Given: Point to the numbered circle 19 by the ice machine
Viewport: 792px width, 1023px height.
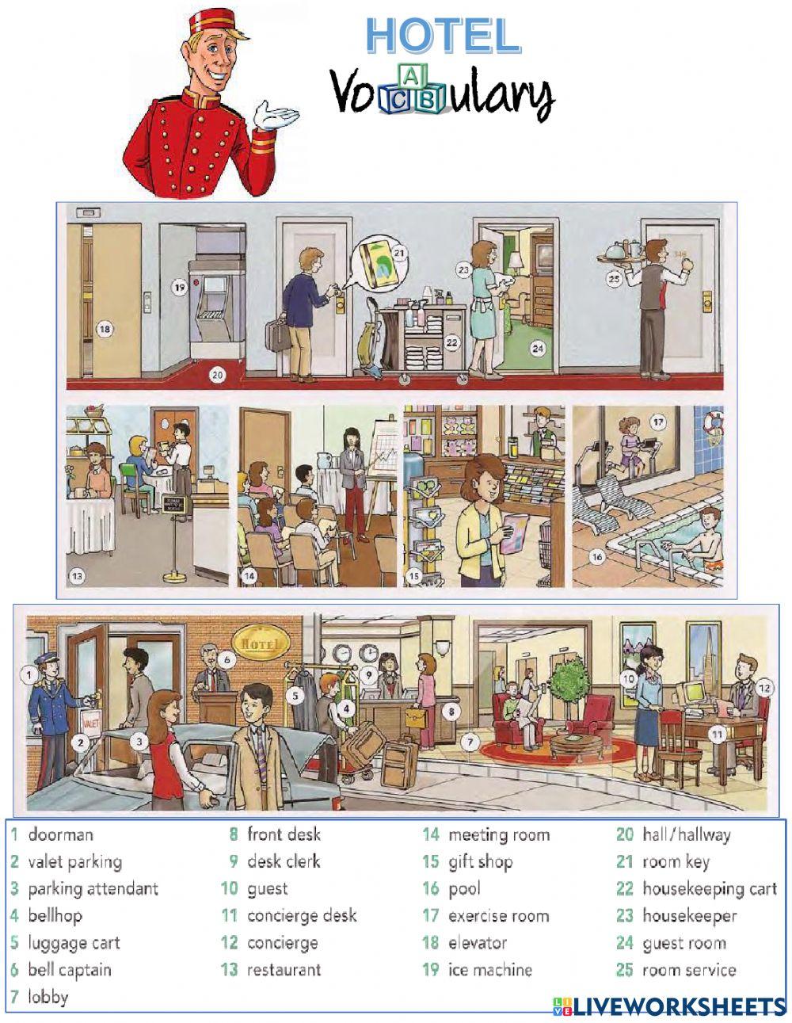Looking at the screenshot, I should click(x=179, y=287).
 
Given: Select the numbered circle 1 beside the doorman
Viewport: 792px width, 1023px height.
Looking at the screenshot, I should click(x=29, y=675).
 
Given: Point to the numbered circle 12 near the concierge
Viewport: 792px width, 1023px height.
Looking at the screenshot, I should click(x=764, y=687).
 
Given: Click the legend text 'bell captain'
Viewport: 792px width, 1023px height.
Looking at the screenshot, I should click(x=70, y=969).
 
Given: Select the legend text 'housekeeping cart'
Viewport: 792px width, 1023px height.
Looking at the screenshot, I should click(x=709, y=888).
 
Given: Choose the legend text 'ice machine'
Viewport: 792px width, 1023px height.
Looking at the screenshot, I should click(x=489, y=969).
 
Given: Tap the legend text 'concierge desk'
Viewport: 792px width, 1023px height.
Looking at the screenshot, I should click(x=302, y=915).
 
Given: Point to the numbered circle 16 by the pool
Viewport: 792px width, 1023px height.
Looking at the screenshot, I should click(x=598, y=557).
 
